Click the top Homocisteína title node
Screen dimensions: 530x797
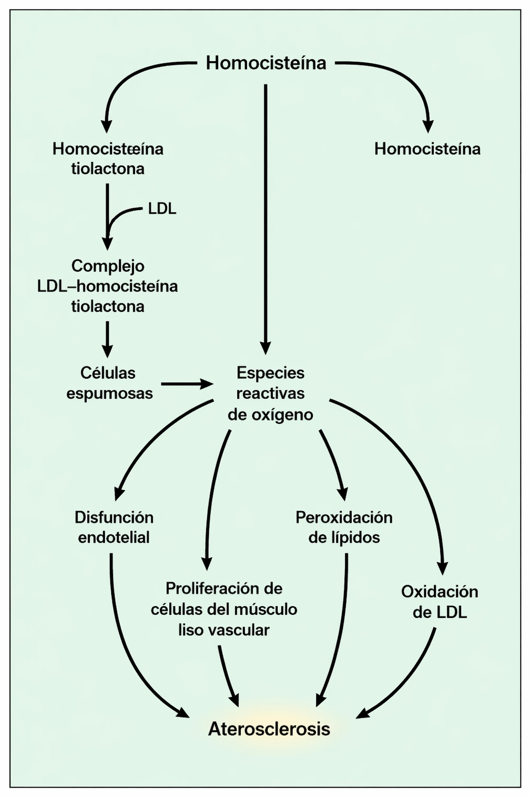point(266,64)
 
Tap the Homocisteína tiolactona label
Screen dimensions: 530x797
point(108,159)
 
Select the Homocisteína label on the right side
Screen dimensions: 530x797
point(427,149)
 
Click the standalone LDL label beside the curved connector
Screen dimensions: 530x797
point(162,209)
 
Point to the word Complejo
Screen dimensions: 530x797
point(108,267)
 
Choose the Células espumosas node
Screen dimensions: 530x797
point(109,383)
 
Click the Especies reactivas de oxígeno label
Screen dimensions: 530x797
point(270,394)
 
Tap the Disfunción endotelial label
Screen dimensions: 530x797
point(114,527)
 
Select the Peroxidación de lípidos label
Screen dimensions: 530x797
point(344,527)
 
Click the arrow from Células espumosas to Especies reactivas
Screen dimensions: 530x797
point(187,384)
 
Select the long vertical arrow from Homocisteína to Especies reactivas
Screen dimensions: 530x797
point(266,219)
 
